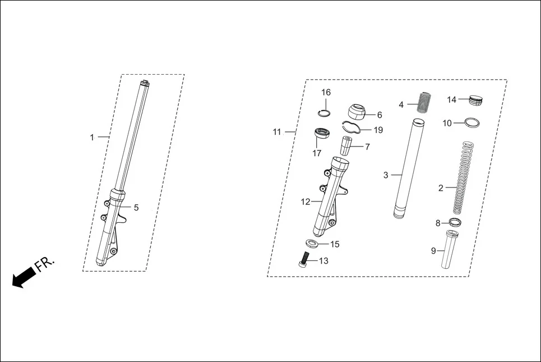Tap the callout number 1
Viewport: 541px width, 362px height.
click(93, 137)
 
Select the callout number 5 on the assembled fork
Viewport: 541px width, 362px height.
click(136, 208)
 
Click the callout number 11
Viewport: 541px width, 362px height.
click(277, 132)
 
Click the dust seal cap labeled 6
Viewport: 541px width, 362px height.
click(357, 111)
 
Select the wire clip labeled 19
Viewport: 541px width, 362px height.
click(350, 128)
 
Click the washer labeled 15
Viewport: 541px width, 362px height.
click(314, 244)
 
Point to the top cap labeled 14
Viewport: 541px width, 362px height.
click(476, 100)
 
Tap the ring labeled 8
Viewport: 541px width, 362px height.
click(455, 223)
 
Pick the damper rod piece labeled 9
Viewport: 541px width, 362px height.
click(452, 250)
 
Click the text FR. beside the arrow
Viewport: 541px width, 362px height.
click(45, 265)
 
